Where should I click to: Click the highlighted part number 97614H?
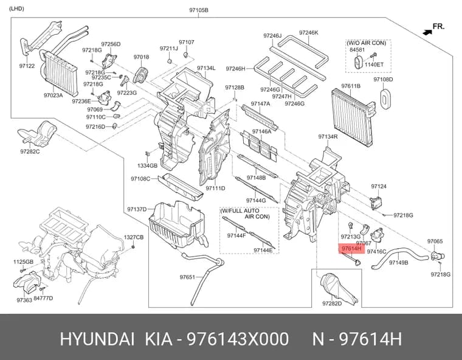pos(351,249)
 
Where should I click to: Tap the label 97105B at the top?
pos(199,10)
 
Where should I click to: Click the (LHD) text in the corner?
pos(16,9)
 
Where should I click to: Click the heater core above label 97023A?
pos(59,72)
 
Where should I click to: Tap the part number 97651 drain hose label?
pos(187,277)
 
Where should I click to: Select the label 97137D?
pos(137,209)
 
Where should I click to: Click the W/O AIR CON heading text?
pos(366,43)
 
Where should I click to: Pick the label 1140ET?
pos(374,64)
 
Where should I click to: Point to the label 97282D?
pos(332,303)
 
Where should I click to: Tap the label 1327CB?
pos(134,237)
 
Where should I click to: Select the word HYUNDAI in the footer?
pos(97,339)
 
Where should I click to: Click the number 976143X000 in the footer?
pos(238,339)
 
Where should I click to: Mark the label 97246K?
pos(308,33)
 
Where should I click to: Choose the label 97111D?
pos(215,188)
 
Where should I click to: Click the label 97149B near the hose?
pos(399,262)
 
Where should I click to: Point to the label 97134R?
pos(328,137)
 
